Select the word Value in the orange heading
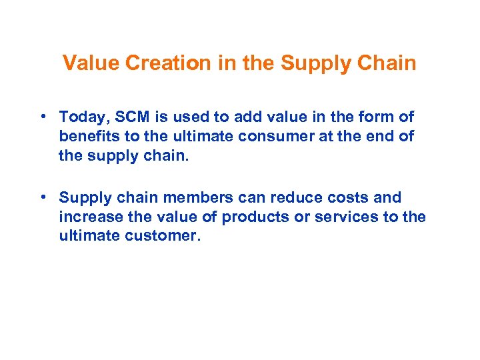tap(89, 63)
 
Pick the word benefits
tap(86, 137)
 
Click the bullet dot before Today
tap(42, 117)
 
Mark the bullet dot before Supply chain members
tap(42, 197)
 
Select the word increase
tap(86, 217)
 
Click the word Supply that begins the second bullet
tap(81, 198)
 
